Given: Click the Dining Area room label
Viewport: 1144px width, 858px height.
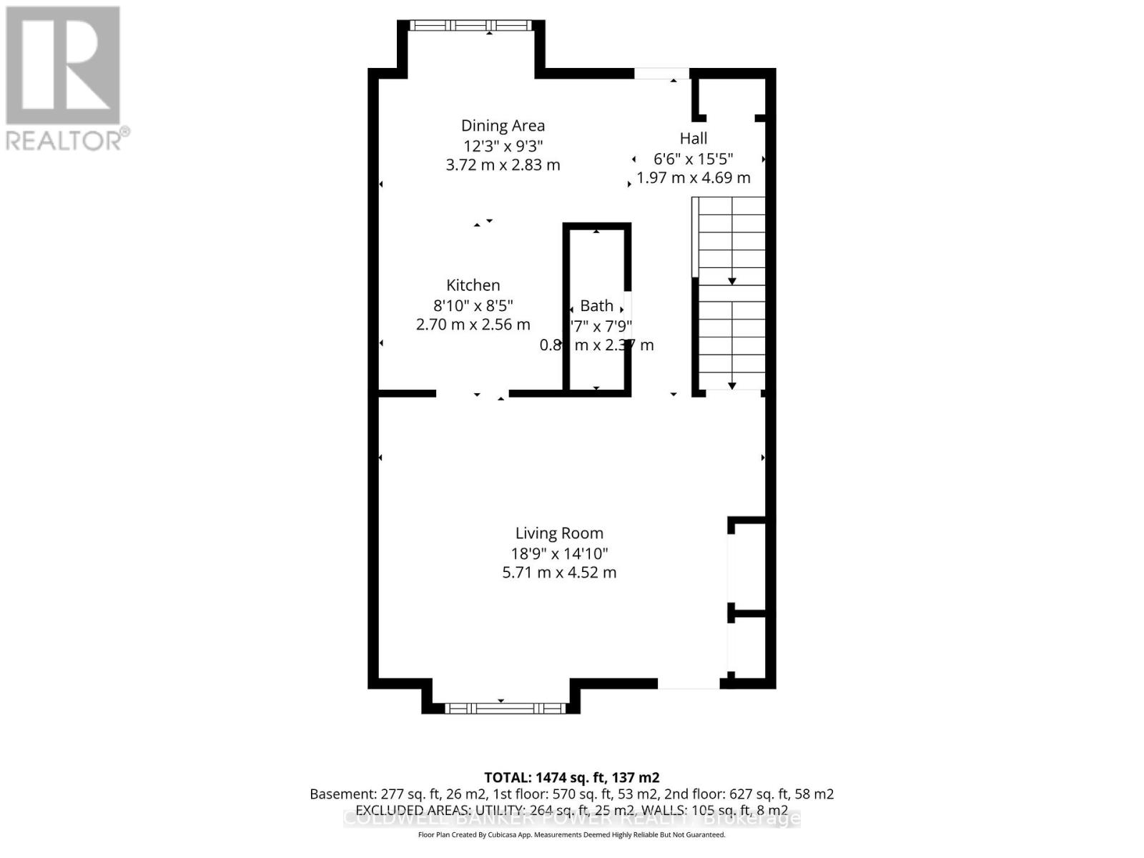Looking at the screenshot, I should point(503,126).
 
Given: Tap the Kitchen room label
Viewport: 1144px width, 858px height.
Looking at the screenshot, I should point(473,285).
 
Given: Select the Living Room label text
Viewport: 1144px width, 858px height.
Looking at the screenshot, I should point(559,533).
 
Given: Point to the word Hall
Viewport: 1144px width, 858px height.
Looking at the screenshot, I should point(693,139).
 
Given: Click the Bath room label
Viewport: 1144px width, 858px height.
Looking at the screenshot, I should point(596,306).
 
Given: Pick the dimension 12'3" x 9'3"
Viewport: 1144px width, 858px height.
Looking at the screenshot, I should point(503,146).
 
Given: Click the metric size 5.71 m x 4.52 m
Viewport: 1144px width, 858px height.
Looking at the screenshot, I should point(559,573).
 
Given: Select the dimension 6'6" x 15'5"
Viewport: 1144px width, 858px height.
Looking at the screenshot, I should point(693,159).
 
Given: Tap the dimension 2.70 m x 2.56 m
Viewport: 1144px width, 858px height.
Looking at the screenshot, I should point(473,325).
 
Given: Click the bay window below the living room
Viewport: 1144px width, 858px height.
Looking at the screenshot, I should point(505,708).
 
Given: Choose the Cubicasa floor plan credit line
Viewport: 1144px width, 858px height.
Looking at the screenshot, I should point(571,835).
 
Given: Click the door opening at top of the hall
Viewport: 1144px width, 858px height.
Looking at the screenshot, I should point(661,73).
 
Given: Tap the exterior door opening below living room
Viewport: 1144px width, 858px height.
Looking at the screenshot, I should point(688,684).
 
